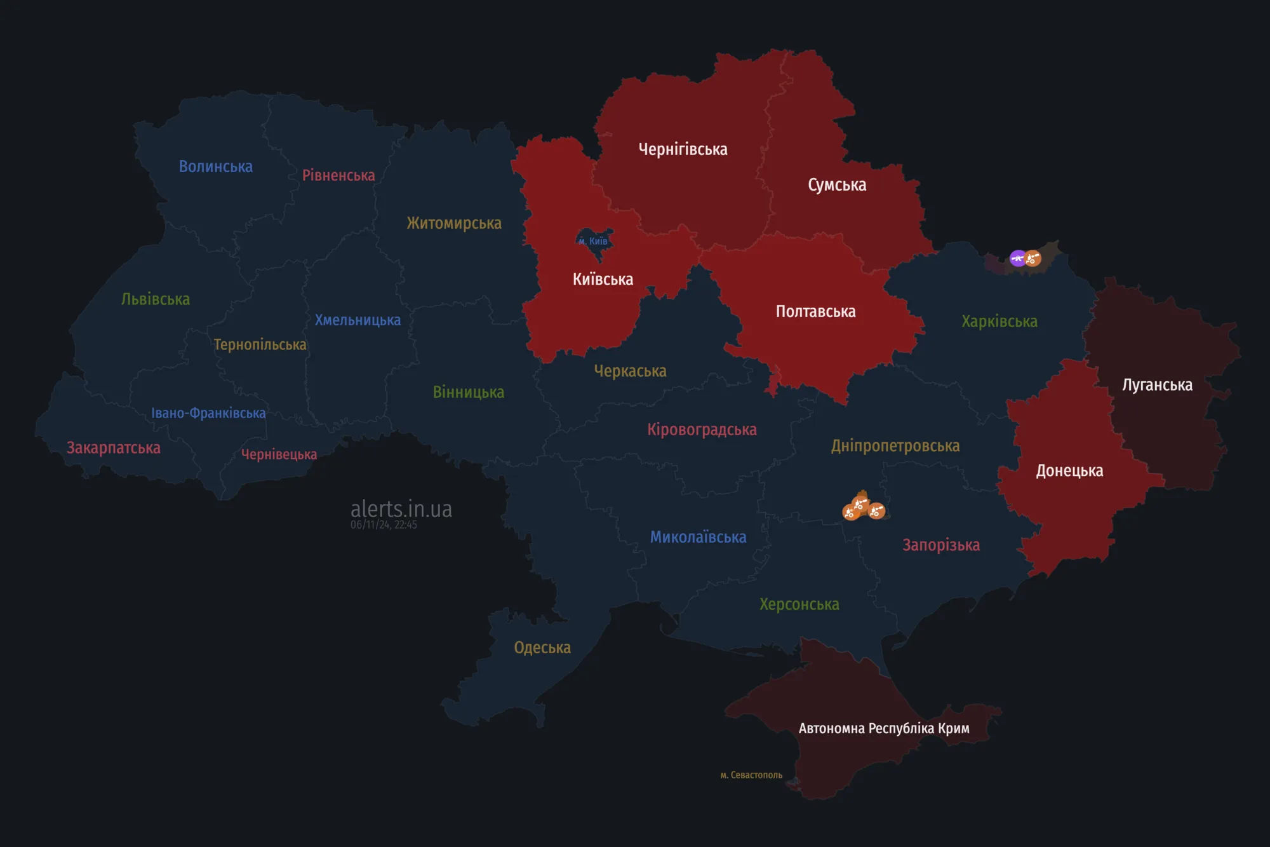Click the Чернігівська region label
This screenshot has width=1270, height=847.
(683, 149)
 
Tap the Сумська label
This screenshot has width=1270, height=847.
(837, 185)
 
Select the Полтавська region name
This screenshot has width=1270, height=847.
(815, 311)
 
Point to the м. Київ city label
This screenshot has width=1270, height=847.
(593, 241)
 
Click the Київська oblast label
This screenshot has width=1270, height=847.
(603, 280)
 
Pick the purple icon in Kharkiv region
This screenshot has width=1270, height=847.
(1017, 258)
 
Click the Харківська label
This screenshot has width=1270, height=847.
(999, 322)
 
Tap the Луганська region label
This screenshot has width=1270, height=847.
(1157, 385)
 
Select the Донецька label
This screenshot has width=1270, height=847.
(1069, 471)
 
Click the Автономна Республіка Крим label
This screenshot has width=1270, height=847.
(883, 728)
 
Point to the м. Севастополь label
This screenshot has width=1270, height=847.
(751, 775)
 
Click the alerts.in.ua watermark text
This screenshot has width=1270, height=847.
(401, 509)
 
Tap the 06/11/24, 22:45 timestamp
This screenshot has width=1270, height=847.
(384, 525)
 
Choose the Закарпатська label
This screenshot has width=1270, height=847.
(114, 448)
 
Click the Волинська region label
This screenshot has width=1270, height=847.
(216, 166)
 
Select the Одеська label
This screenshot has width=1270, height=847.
(542, 647)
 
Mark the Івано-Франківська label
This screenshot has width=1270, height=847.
(208, 413)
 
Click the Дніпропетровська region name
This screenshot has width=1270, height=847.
(895, 446)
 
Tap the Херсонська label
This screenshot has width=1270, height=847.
(799, 604)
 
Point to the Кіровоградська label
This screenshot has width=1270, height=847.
(702, 430)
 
